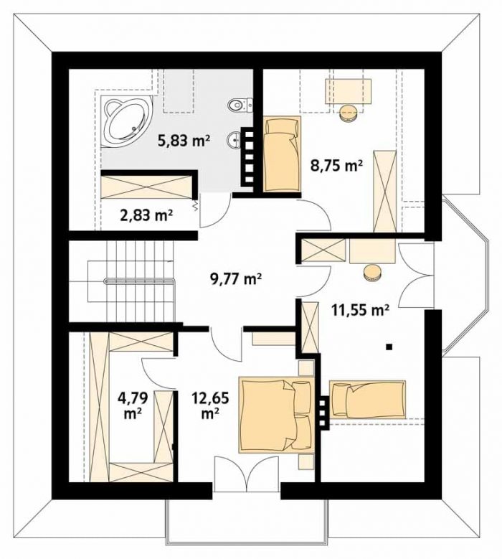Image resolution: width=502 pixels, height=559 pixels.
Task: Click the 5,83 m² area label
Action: coord(183,141)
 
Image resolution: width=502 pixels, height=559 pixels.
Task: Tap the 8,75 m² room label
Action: coord(336,166)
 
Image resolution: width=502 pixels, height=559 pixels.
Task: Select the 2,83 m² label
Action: coord(146,215)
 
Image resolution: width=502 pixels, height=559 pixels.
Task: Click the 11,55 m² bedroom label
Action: coord(360,310)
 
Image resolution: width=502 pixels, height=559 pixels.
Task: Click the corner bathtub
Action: coord(126,121)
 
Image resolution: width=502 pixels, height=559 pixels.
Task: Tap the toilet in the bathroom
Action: coord(240,104)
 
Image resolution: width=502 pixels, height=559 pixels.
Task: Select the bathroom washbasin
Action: coord(235,140)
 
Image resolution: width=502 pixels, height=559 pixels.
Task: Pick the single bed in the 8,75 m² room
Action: coord(282,154)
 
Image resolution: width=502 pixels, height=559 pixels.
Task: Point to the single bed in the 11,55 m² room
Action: coord(368,399)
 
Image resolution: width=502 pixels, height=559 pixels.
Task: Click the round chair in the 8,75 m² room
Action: coord(349,113)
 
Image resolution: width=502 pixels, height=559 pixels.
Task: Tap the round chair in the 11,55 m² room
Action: coord(373,273)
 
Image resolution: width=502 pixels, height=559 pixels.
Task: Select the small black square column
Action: coord(389,346)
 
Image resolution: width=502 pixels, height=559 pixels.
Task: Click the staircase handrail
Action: coord(140,281)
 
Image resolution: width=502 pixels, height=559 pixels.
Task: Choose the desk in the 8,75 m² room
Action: coord(348,92)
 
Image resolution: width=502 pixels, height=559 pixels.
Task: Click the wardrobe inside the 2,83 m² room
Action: coord(147,187)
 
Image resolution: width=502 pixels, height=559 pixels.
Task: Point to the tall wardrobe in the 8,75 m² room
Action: coord(385,192)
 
